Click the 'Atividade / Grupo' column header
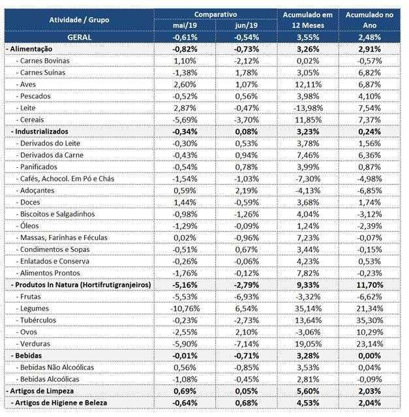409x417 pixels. (x=79, y=20)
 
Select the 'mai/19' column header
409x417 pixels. (x=185, y=25)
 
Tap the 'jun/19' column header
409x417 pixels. (x=247, y=25)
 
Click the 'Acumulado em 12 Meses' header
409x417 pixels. (x=308, y=20)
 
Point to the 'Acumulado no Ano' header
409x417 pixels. (x=369, y=20)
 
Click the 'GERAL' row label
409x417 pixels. (x=79, y=37)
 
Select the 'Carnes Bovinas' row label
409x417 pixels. (x=44, y=61)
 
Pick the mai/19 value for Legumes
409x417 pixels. (x=185, y=309)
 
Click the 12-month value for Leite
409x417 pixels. (x=308, y=108)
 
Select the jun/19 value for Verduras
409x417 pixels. (x=247, y=344)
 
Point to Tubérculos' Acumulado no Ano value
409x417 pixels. (x=369, y=320)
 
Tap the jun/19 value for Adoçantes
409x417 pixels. (x=247, y=191)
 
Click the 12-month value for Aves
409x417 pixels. (x=308, y=85)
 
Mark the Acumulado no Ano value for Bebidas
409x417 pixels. (x=369, y=356)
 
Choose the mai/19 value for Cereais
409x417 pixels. (x=185, y=120)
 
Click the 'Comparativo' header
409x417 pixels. (x=215, y=14)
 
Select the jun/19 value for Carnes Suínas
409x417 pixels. (x=247, y=72)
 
